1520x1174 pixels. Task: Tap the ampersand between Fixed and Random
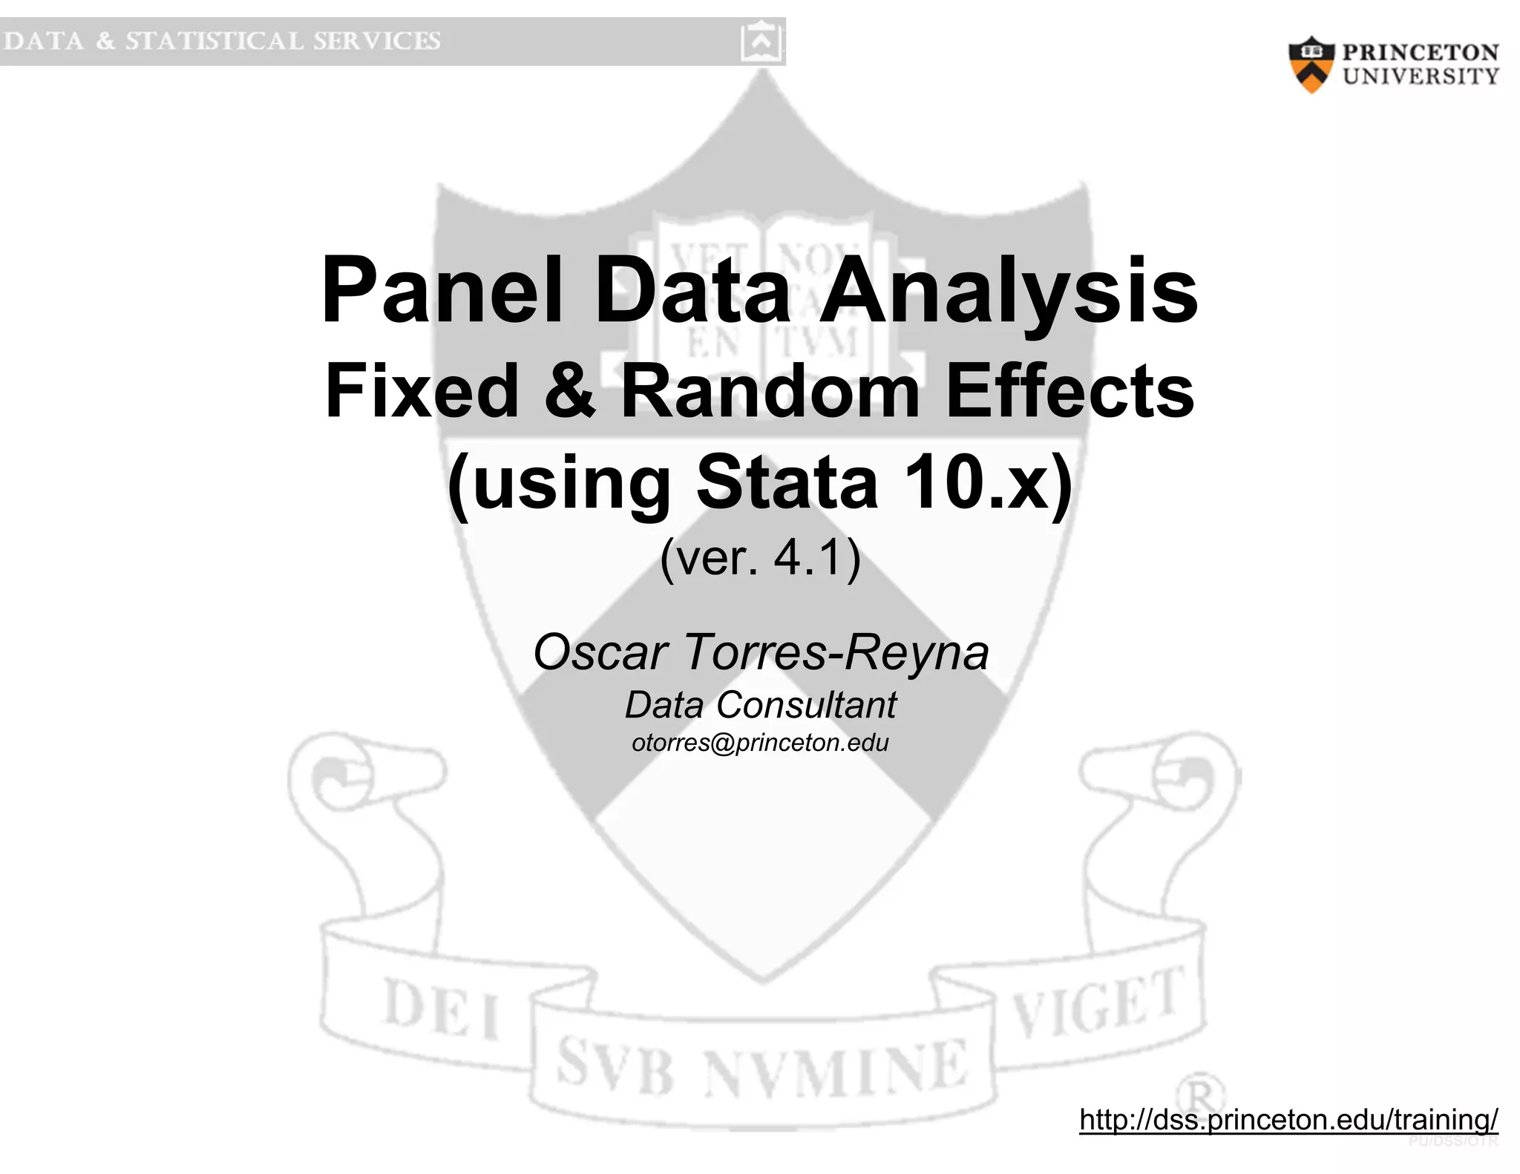[x=569, y=390]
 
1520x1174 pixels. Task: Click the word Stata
[x=787, y=482]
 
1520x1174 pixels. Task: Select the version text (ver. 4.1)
[x=760, y=557]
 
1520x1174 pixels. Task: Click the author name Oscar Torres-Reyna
[x=761, y=652]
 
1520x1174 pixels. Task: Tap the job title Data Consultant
[x=761, y=704]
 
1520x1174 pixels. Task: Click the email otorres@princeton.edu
[x=760, y=743]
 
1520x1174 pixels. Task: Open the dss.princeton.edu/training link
[x=1288, y=1118]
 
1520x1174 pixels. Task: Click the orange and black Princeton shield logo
[x=1311, y=65]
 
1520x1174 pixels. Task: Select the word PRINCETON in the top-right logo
[x=1420, y=53]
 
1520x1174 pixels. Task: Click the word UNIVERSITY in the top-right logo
[x=1421, y=76]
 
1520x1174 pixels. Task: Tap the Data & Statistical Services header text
[x=222, y=41]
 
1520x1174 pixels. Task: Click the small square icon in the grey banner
[x=761, y=42]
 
